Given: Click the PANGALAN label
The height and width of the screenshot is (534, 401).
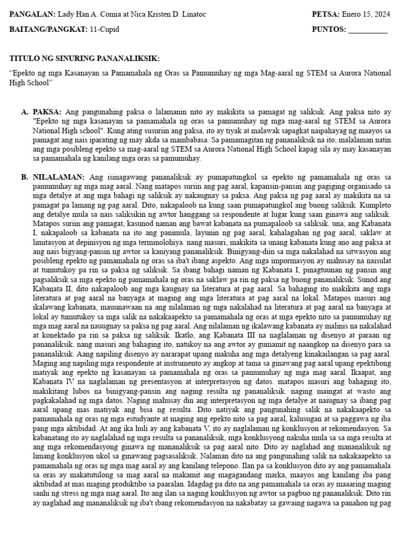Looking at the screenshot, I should coord(32,14).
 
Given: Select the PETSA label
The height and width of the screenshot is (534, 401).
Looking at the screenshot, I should coord(325,14).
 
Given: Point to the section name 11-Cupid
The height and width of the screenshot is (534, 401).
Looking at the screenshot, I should coord(105,30).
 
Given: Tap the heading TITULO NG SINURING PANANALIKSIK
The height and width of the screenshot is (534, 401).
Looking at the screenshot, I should coord(85,58).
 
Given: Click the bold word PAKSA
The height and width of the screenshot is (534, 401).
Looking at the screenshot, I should coord(47,112).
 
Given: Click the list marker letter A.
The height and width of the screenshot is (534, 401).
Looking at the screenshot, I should coord(24,112).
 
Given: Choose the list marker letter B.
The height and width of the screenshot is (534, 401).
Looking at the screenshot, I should coord(24,177).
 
